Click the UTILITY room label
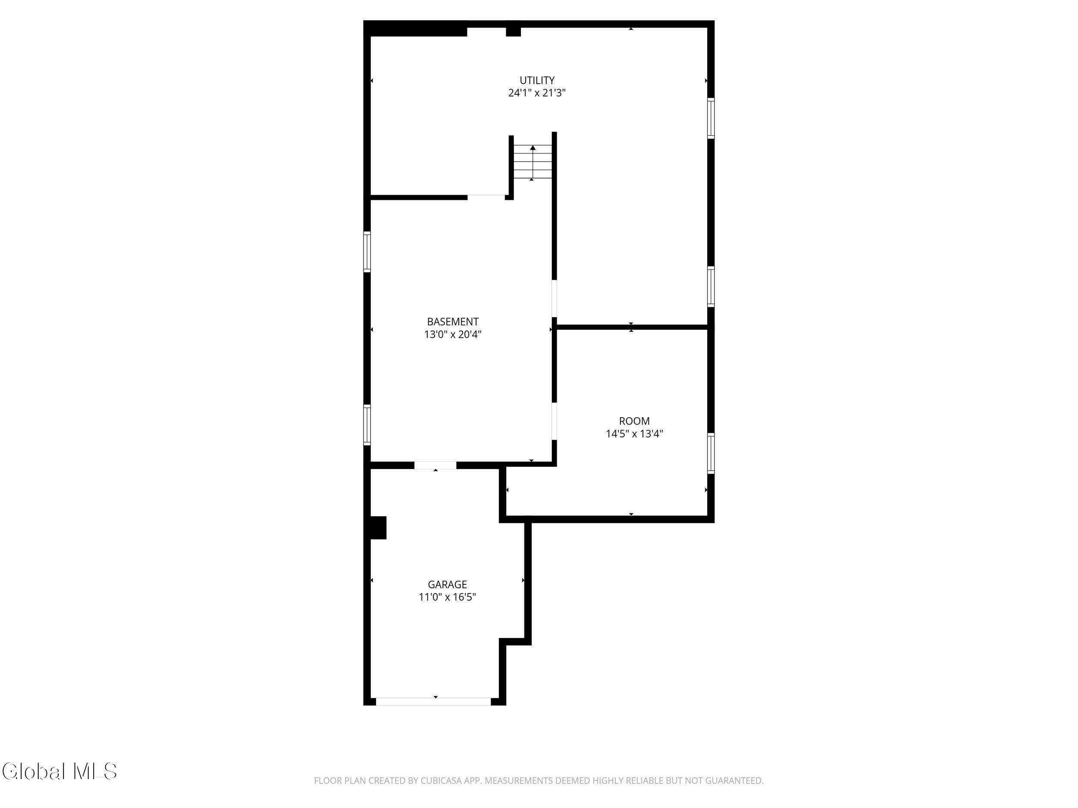[536, 80]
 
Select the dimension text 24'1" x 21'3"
[536, 93]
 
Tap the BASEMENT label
[453, 322]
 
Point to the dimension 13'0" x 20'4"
[453, 334]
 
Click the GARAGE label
[448, 584]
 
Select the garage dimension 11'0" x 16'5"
[448, 597]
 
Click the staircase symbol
[533, 162]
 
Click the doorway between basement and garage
[435, 465]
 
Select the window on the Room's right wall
[711, 453]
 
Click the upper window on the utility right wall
[711, 119]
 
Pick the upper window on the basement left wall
[367, 252]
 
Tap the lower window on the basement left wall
[367, 425]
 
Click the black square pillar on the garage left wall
[378, 528]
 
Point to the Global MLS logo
[60, 771]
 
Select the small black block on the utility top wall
[513, 31]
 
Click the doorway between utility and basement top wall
[486, 197]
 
